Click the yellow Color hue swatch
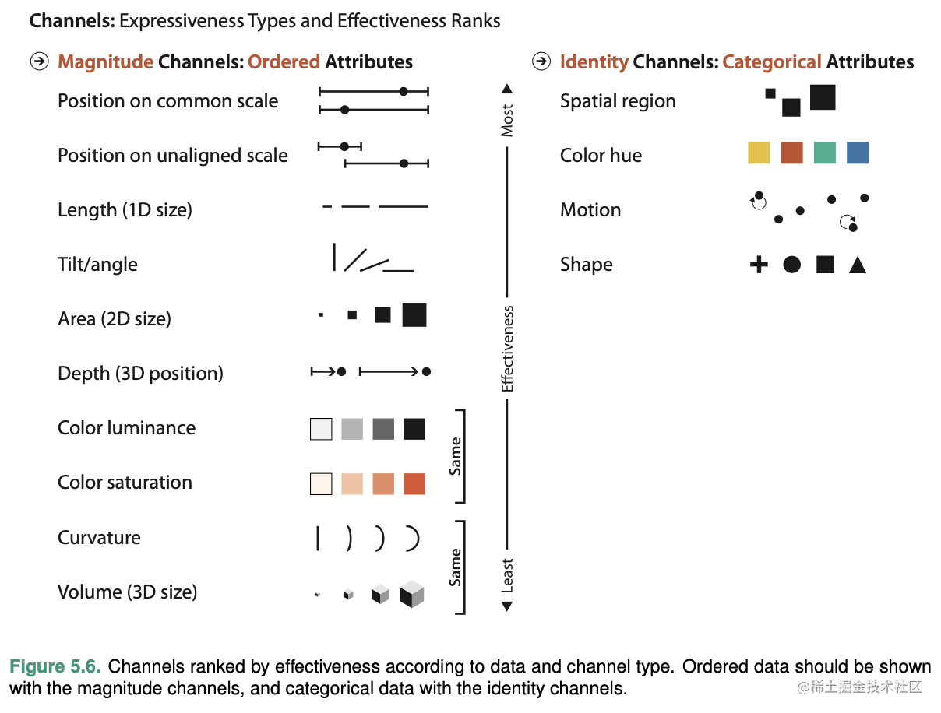click(759, 153)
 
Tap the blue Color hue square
click(857, 153)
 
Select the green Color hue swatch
click(824, 153)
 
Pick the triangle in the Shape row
click(858, 265)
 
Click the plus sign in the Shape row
click(759, 265)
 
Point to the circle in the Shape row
click(791, 265)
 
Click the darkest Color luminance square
click(414, 429)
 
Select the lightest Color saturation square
click(321, 483)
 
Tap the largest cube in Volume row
click(411, 594)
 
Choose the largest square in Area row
click(414, 314)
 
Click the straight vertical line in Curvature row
click(318, 538)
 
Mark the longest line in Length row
click(404, 206)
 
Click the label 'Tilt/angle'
click(97, 265)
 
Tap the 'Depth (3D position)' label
click(140, 374)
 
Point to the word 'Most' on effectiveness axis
click(507, 121)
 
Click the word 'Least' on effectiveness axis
click(507, 575)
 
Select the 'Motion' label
click(590, 210)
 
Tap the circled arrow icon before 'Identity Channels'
click(541, 61)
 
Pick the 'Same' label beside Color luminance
click(456, 456)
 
